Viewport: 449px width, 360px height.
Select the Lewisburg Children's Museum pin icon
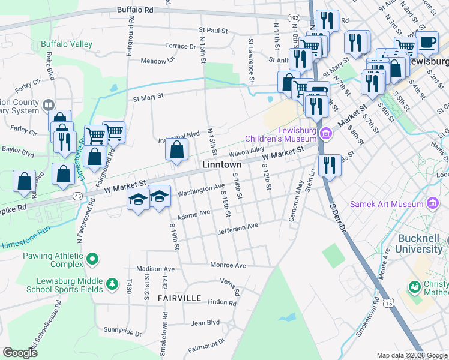(x=326, y=132)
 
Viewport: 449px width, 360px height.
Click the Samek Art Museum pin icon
(x=431, y=204)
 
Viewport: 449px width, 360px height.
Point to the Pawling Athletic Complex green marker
(x=92, y=260)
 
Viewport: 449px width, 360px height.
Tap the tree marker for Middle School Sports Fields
(x=112, y=283)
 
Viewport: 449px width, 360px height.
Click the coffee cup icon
(x=427, y=43)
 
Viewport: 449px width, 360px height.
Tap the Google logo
(x=20, y=353)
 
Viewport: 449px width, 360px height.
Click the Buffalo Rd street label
(x=135, y=10)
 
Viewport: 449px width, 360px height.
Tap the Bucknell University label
(x=420, y=244)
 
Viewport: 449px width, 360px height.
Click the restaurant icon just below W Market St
(x=328, y=165)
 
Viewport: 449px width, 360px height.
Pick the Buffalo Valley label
(x=67, y=44)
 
